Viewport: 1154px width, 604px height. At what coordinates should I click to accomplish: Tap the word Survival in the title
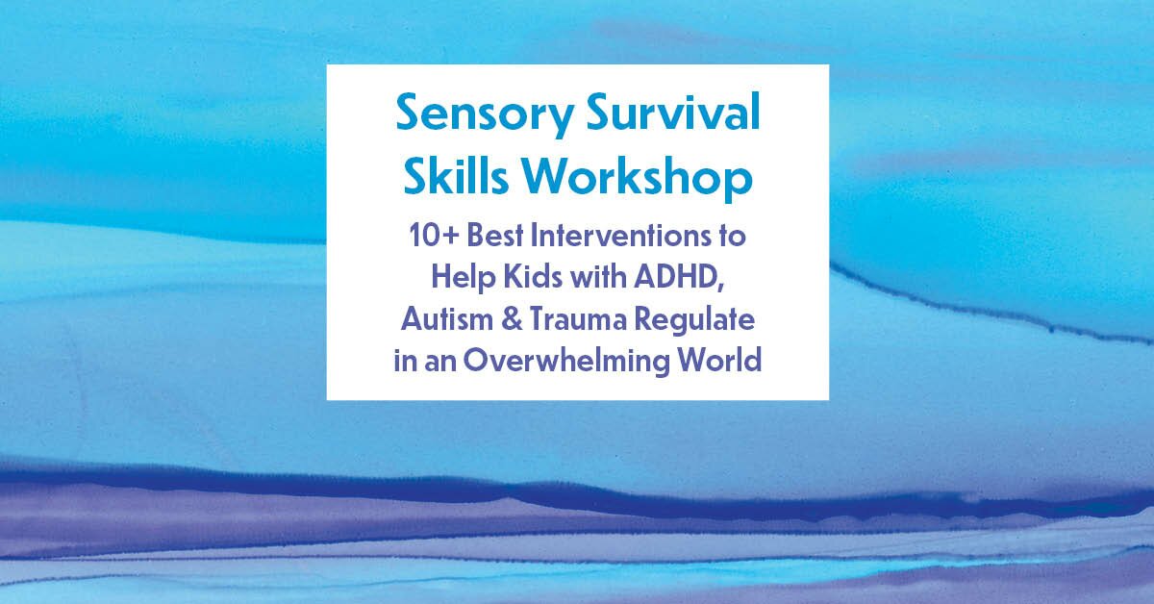pyautogui.click(x=673, y=112)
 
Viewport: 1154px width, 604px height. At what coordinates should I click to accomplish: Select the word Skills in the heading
pyautogui.click(x=456, y=175)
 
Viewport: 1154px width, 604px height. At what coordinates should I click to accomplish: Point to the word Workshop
pyautogui.click(x=638, y=178)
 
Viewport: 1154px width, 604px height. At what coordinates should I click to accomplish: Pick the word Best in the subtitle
pyautogui.click(x=495, y=236)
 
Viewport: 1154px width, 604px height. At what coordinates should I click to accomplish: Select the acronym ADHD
pyautogui.click(x=675, y=277)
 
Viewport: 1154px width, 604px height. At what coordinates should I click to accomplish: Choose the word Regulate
pyautogui.click(x=694, y=321)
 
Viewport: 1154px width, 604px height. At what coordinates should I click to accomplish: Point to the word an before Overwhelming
pyautogui.click(x=440, y=363)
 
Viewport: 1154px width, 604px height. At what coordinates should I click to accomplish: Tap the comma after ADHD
pyautogui.click(x=721, y=287)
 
